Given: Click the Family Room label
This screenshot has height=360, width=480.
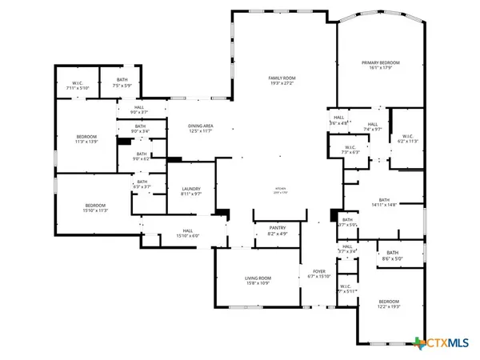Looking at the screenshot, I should tap(282, 77).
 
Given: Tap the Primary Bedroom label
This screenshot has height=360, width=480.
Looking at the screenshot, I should tap(380, 62).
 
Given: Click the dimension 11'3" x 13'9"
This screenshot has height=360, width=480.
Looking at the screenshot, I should tap(86, 142).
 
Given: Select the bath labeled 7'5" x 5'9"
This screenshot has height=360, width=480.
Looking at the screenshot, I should tap(122, 83).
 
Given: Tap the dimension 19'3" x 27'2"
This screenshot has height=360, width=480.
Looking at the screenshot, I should tap(282, 82).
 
